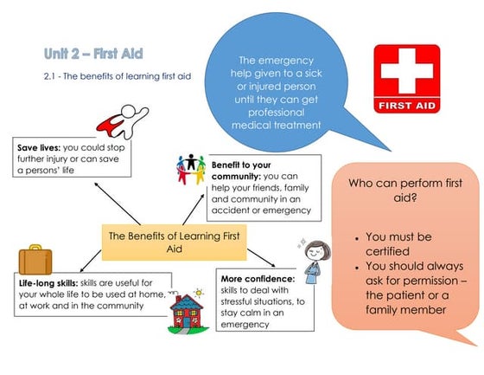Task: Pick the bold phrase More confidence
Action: pyautogui.click(x=258, y=278)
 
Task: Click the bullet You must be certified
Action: pyautogui.click(x=406, y=243)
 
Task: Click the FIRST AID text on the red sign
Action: pyautogui.click(x=405, y=107)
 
